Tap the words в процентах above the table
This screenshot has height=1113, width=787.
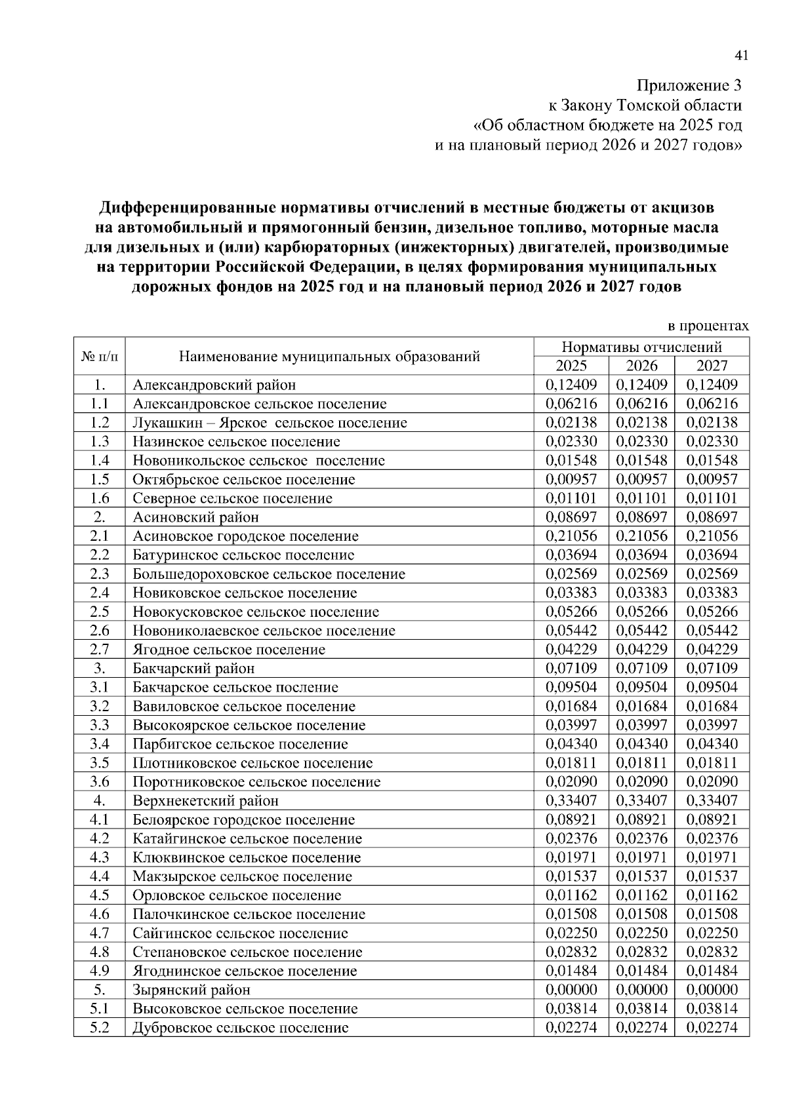pyautogui.click(x=708, y=326)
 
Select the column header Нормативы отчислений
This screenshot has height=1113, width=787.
pyautogui.click(x=641, y=347)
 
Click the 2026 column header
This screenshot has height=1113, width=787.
pyautogui.click(x=641, y=366)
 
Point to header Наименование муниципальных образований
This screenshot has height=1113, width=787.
pyautogui.click(x=329, y=356)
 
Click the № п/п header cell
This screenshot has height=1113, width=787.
pyautogui.click(x=100, y=356)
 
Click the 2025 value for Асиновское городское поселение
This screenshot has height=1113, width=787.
pyautogui.click(x=571, y=536)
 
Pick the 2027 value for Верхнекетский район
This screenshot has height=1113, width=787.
pyautogui.click(x=712, y=800)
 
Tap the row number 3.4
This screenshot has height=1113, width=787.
pyautogui.click(x=100, y=744)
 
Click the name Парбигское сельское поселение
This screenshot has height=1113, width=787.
pyautogui.click(x=240, y=744)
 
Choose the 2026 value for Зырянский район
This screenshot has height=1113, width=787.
pyautogui.click(x=641, y=989)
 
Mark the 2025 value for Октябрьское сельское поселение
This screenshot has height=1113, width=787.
pyautogui.click(x=571, y=479)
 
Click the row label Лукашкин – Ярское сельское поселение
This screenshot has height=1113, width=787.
pyautogui.click(x=270, y=423)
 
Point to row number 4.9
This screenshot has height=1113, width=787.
pyautogui.click(x=100, y=970)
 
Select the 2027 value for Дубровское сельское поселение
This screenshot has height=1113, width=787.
pyautogui.click(x=712, y=1027)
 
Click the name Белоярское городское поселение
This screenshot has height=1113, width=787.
pyautogui.click(x=243, y=819)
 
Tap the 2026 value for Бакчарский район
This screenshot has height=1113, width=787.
pyautogui.click(x=641, y=669)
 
